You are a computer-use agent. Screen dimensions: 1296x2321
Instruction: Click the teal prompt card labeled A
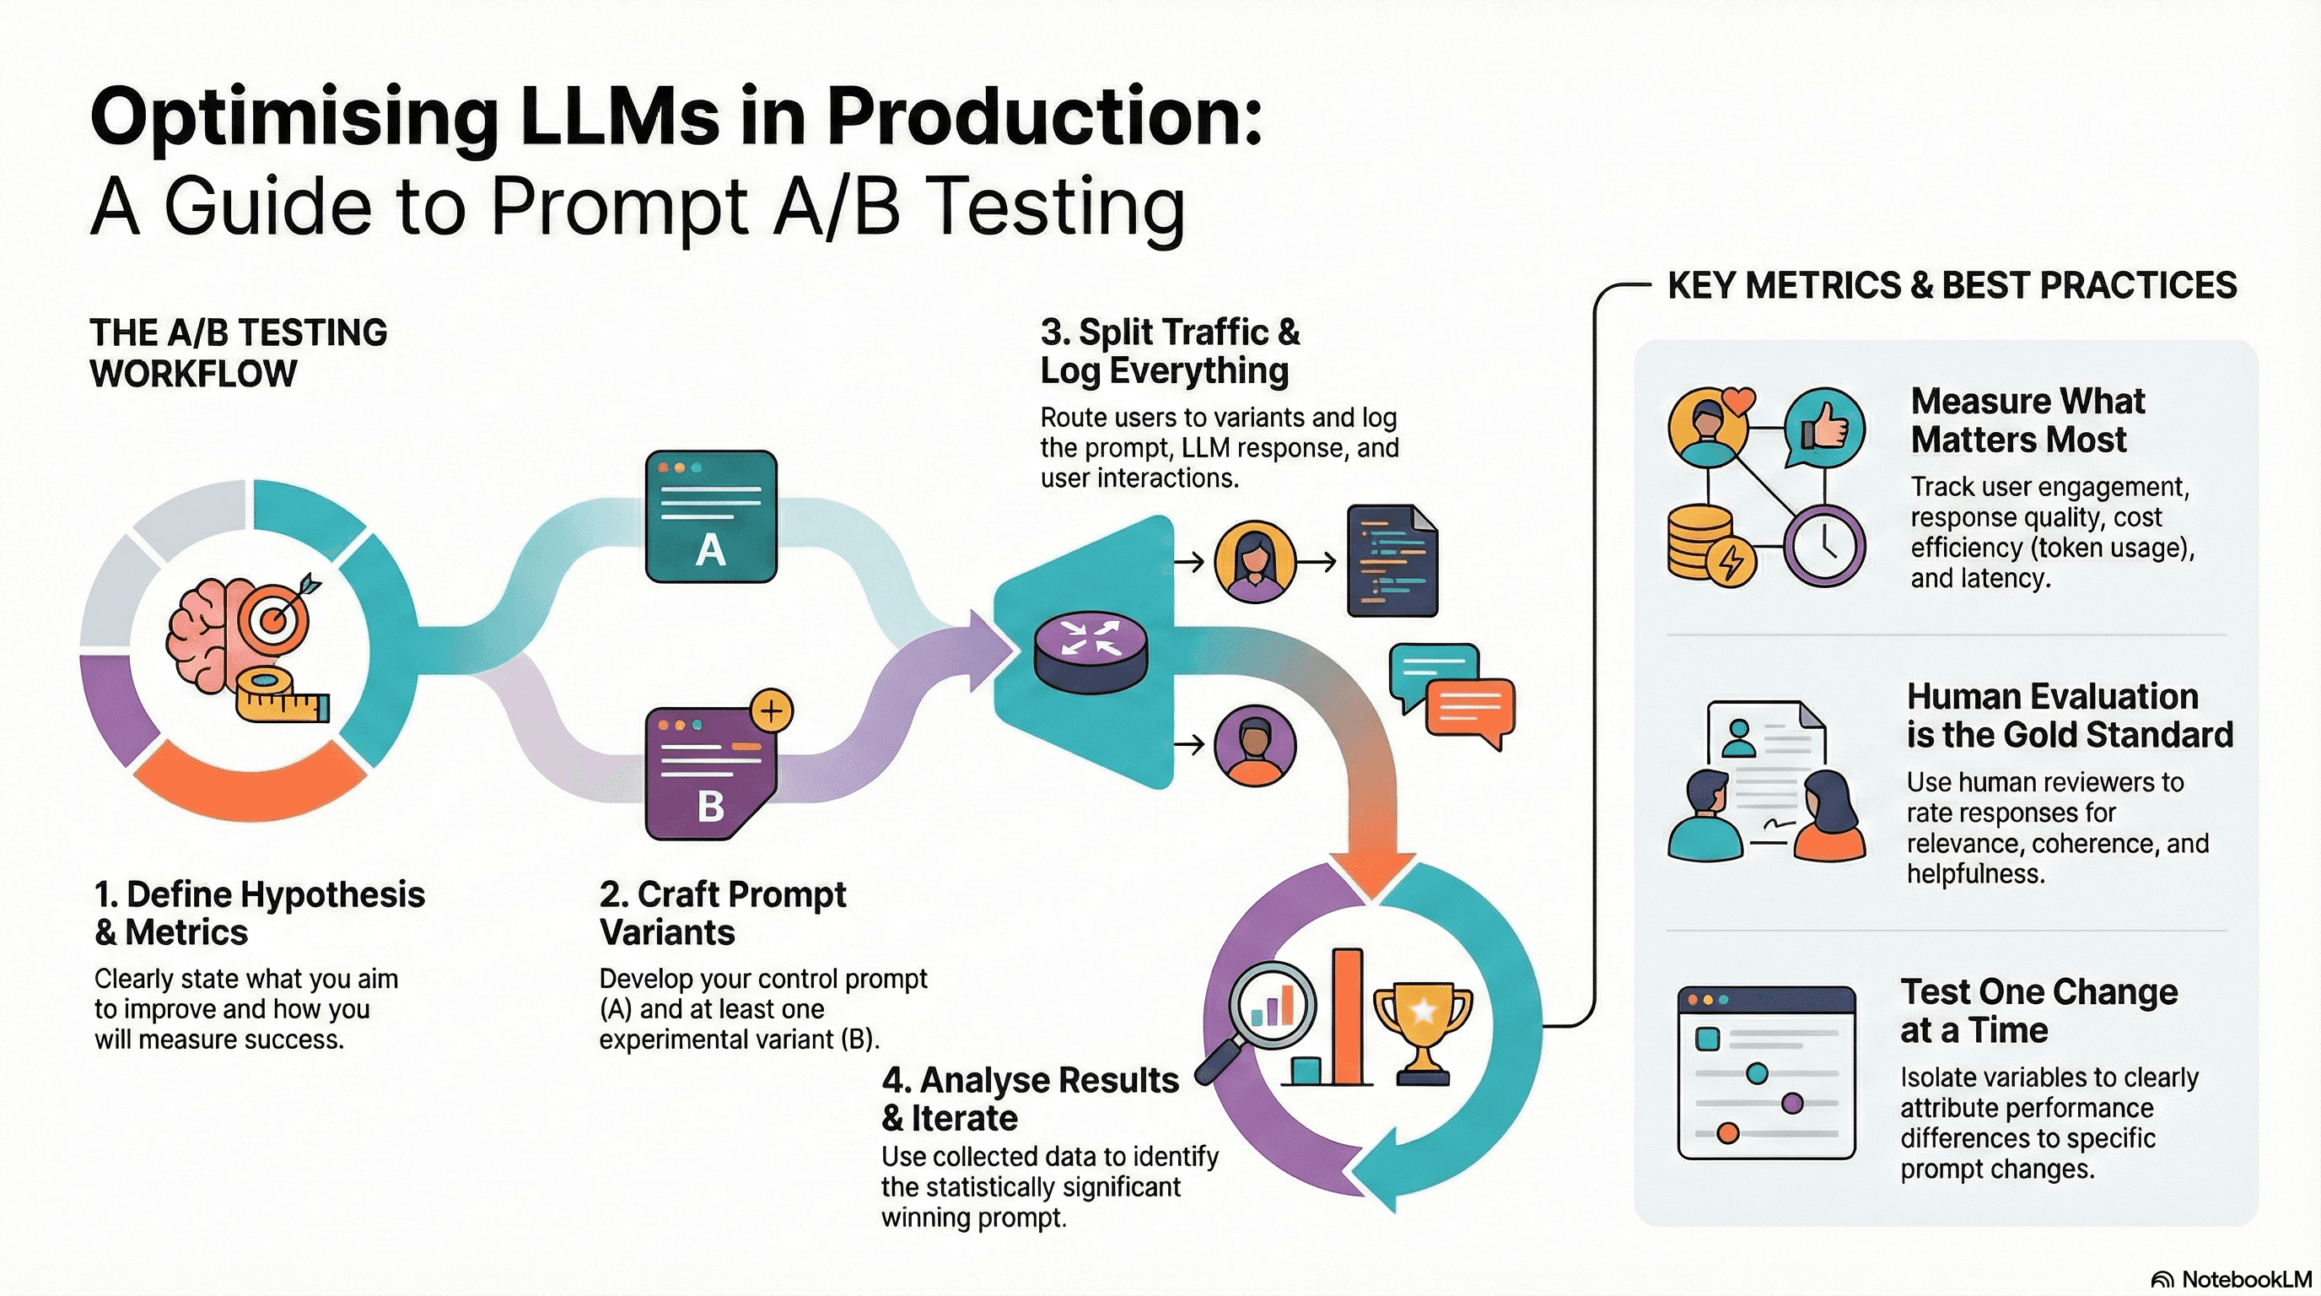pos(711,516)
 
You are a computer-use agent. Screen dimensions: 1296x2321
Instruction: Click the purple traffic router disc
pos(1091,653)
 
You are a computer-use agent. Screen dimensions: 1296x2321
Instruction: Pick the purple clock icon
pos(1823,545)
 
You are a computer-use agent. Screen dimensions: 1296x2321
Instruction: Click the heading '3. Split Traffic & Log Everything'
pos(1170,352)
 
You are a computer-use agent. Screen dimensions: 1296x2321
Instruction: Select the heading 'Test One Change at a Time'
pos(2038,1010)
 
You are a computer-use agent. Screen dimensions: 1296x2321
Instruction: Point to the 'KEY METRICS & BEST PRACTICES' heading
pos(1952,285)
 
